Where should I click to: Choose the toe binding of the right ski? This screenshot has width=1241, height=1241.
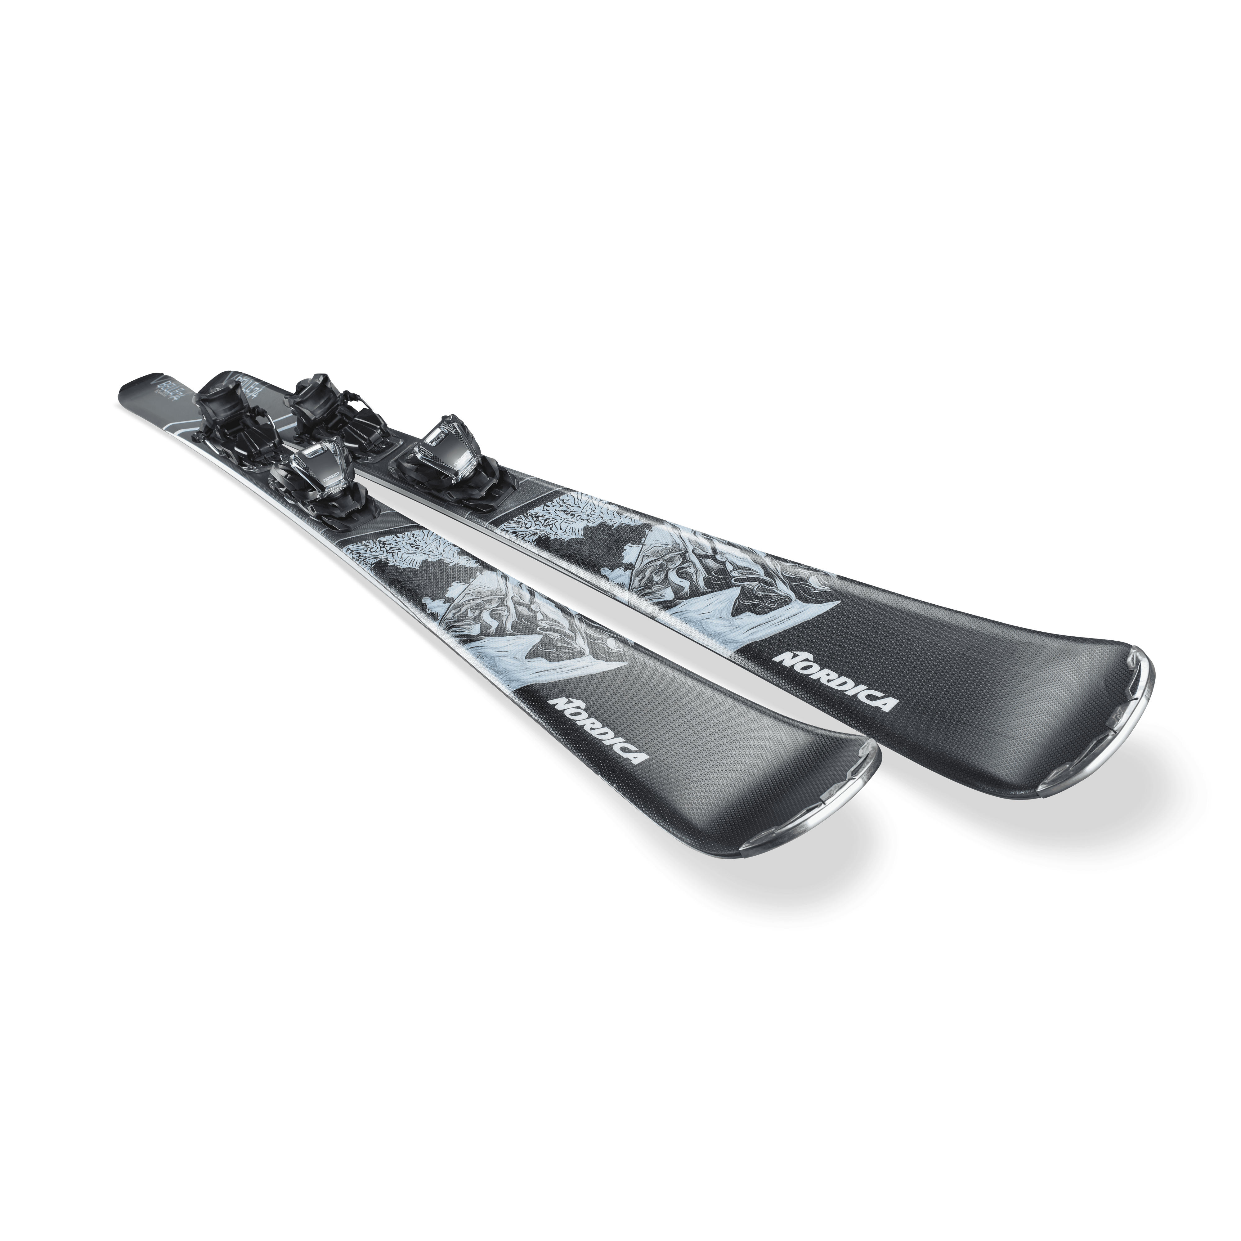coord(443,450)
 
